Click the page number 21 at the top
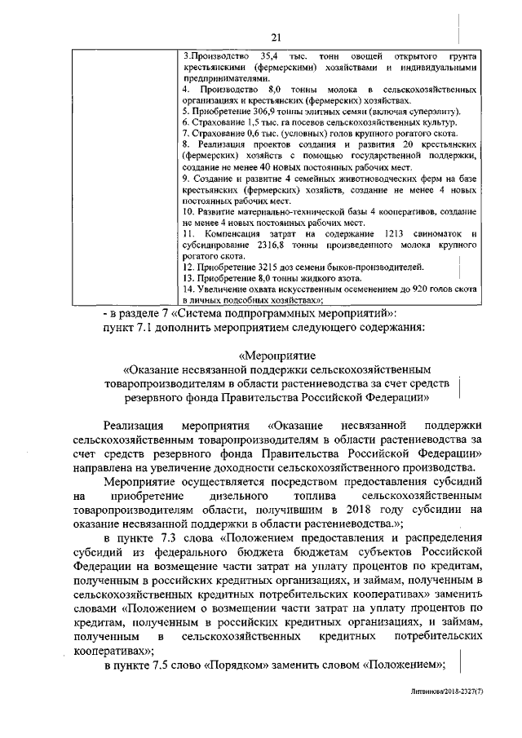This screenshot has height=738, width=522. (x=276, y=36)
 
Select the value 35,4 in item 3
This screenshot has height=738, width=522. (x=266, y=55)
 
